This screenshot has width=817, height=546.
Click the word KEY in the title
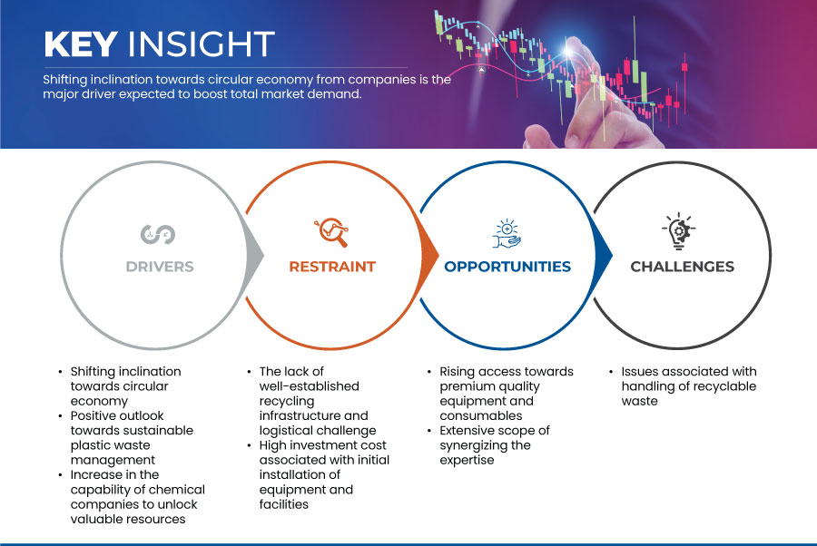81,44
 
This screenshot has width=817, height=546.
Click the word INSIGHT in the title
202,44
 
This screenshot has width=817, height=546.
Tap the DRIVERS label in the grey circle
160,267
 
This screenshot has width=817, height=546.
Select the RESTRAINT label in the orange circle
332,267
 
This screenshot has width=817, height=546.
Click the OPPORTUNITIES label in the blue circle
507,267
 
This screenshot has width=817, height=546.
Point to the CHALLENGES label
682,267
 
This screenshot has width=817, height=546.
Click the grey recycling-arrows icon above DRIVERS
158,234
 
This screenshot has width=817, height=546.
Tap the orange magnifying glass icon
331,232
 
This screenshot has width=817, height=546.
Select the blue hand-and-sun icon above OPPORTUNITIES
507,234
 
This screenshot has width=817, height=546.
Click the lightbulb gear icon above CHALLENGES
678,230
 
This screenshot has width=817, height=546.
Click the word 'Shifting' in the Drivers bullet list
94,372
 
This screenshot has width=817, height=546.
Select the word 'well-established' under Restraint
310,386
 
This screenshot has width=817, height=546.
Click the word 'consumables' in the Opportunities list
481,416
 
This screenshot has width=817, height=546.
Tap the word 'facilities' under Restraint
284,504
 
